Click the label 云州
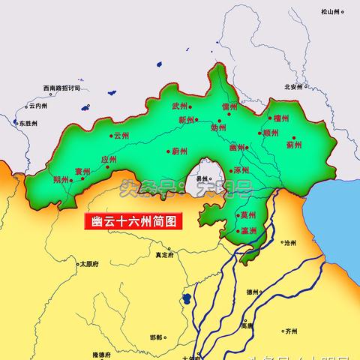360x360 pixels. (122, 136)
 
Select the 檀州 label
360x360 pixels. (281, 118)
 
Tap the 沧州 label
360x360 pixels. (289, 244)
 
